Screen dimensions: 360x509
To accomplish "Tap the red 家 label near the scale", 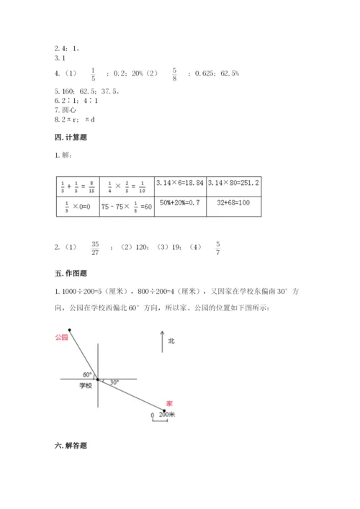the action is [x=169, y=402].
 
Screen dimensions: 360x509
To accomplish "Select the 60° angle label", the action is [x=87, y=374].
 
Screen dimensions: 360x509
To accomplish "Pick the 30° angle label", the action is [x=114, y=382].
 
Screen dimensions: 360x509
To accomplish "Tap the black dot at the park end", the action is [x=70, y=330].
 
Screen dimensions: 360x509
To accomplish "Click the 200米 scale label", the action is [x=167, y=415].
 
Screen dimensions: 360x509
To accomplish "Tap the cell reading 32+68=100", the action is [x=233, y=204].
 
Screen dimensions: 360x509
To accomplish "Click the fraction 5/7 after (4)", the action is [x=218, y=248].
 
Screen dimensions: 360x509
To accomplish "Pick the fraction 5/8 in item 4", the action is [x=174, y=73].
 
